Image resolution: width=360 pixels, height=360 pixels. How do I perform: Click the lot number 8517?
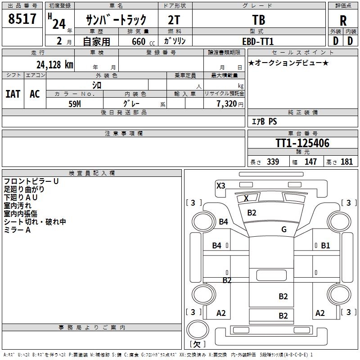coord(22,19)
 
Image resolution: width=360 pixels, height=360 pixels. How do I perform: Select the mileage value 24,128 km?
coord(54,64)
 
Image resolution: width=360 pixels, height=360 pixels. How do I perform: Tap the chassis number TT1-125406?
coord(302,143)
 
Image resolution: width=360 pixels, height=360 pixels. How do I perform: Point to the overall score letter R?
coord(343,20)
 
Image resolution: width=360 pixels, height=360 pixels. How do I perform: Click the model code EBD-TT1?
coord(258,41)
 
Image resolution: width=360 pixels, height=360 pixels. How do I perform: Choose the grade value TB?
coord(259,20)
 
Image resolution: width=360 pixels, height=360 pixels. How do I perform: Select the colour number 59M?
coord(74,103)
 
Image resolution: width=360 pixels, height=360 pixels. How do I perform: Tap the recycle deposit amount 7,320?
coord(226,103)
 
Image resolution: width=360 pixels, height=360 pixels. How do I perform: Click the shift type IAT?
coord(13,94)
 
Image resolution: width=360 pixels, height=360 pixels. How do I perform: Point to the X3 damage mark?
coord(221,185)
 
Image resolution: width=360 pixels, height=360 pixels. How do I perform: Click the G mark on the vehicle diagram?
coord(284,229)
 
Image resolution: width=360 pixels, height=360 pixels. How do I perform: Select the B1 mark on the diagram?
coord(326,245)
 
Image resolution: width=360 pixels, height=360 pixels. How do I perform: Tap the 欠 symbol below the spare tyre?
coord(197,344)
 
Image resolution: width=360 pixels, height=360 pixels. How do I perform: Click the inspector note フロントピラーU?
coord(31,181)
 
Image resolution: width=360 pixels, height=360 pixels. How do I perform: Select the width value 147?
coord(310,162)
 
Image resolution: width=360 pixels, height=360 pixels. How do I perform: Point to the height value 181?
coord(347,162)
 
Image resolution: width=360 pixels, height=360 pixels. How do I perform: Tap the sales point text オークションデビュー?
coord(288,63)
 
